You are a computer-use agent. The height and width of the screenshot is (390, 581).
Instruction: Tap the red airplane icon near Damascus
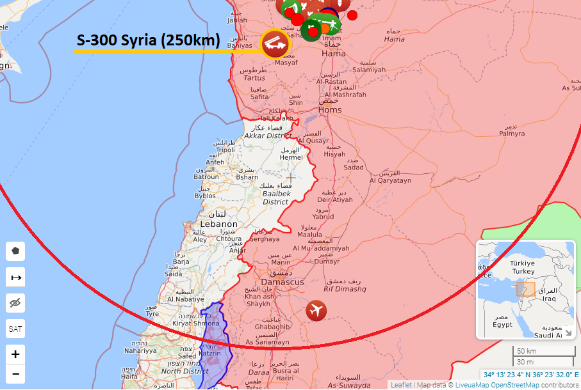pyautogui.click(x=316, y=311)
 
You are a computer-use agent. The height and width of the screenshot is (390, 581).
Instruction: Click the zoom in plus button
pyautogui.click(x=15, y=354)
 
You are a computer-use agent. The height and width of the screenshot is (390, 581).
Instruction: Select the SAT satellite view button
pyautogui.click(x=15, y=329)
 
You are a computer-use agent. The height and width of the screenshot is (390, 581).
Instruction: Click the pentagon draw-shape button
pyautogui.click(x=15, y=251)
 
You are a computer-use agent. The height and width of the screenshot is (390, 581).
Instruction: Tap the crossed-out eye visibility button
pyautogui.click(x=15, y=303)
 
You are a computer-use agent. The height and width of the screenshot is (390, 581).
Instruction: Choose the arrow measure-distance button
pyautogui.click(x=15, y=277)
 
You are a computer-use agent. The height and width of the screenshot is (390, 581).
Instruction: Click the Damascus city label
pyautogui.click(x=282, y=282)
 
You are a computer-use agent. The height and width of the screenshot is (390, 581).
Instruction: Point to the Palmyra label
pyautogui.click(x=512, y=134)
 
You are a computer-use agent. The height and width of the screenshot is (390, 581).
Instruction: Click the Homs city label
pyautogui.click(x=330, y=110)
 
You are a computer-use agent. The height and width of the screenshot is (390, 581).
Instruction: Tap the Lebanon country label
pyautogui.click(x=218, y=224)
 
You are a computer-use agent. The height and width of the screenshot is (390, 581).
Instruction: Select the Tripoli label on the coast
pyautogui.click(x=225, y=150)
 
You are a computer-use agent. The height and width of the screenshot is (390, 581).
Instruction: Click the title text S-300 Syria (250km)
pyautogui.click(x=148, y=41)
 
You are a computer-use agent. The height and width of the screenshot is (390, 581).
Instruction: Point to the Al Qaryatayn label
pyautogui.click(x=390, y=181)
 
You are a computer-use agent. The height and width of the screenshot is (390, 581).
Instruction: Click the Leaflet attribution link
pyautogui.click(x=402, y=385)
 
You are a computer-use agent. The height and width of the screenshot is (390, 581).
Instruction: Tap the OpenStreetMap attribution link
pyautogui.click(x=514, y=385)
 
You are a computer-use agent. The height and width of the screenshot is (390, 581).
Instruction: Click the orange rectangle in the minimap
pyautogui.click(x=525, y=289)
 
